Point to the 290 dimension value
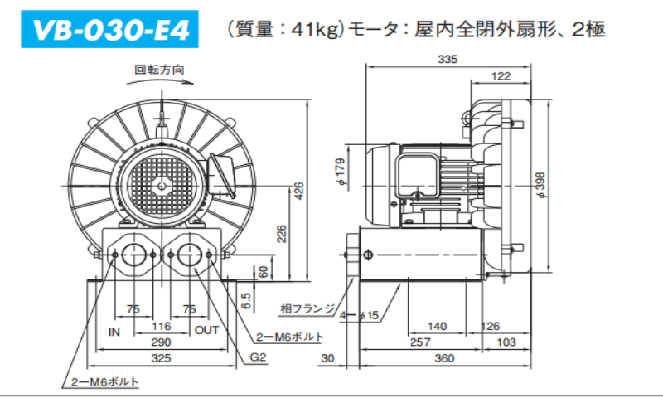(x=161, y=342)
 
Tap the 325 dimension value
(x=161, y=358)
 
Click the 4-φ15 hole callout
(x=360, y=315)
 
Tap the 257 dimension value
(x=422, y=342)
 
